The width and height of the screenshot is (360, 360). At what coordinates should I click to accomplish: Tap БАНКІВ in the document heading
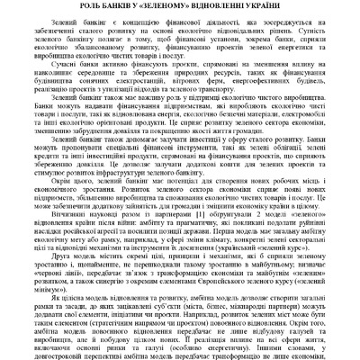point(136,7)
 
